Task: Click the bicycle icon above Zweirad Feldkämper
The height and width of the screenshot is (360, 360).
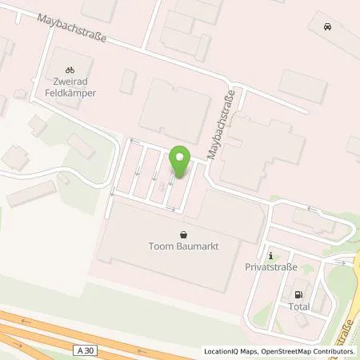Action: [70, 70]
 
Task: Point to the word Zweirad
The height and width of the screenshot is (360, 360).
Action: [70, 82]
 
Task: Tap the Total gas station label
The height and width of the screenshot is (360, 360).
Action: [299, 306]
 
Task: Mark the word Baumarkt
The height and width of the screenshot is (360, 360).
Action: [198, 248]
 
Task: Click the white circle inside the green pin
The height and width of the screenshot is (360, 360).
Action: [181, 157]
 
